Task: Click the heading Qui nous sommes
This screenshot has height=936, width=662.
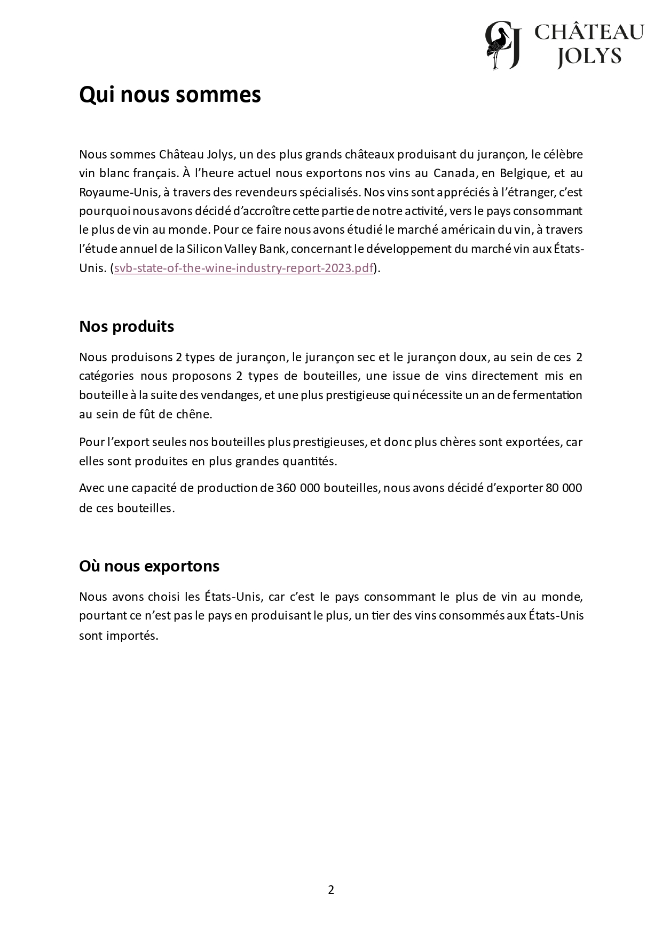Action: click(x=170, y=95)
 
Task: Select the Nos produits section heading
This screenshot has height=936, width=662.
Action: click(x=127, y=326)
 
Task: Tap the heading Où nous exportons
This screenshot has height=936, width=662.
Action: click(x=149, y=566)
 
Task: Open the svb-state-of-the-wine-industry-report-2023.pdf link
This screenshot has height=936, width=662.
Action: click(x=243, y=268)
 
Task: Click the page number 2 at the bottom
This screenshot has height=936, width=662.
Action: click(x=331, y=890)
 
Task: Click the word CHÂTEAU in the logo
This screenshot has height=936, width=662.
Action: click(x=589, y=33)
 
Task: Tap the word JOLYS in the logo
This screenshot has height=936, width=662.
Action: click(x=589, y=56)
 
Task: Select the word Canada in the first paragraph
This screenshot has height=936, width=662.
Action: click(x=453, y=173)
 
